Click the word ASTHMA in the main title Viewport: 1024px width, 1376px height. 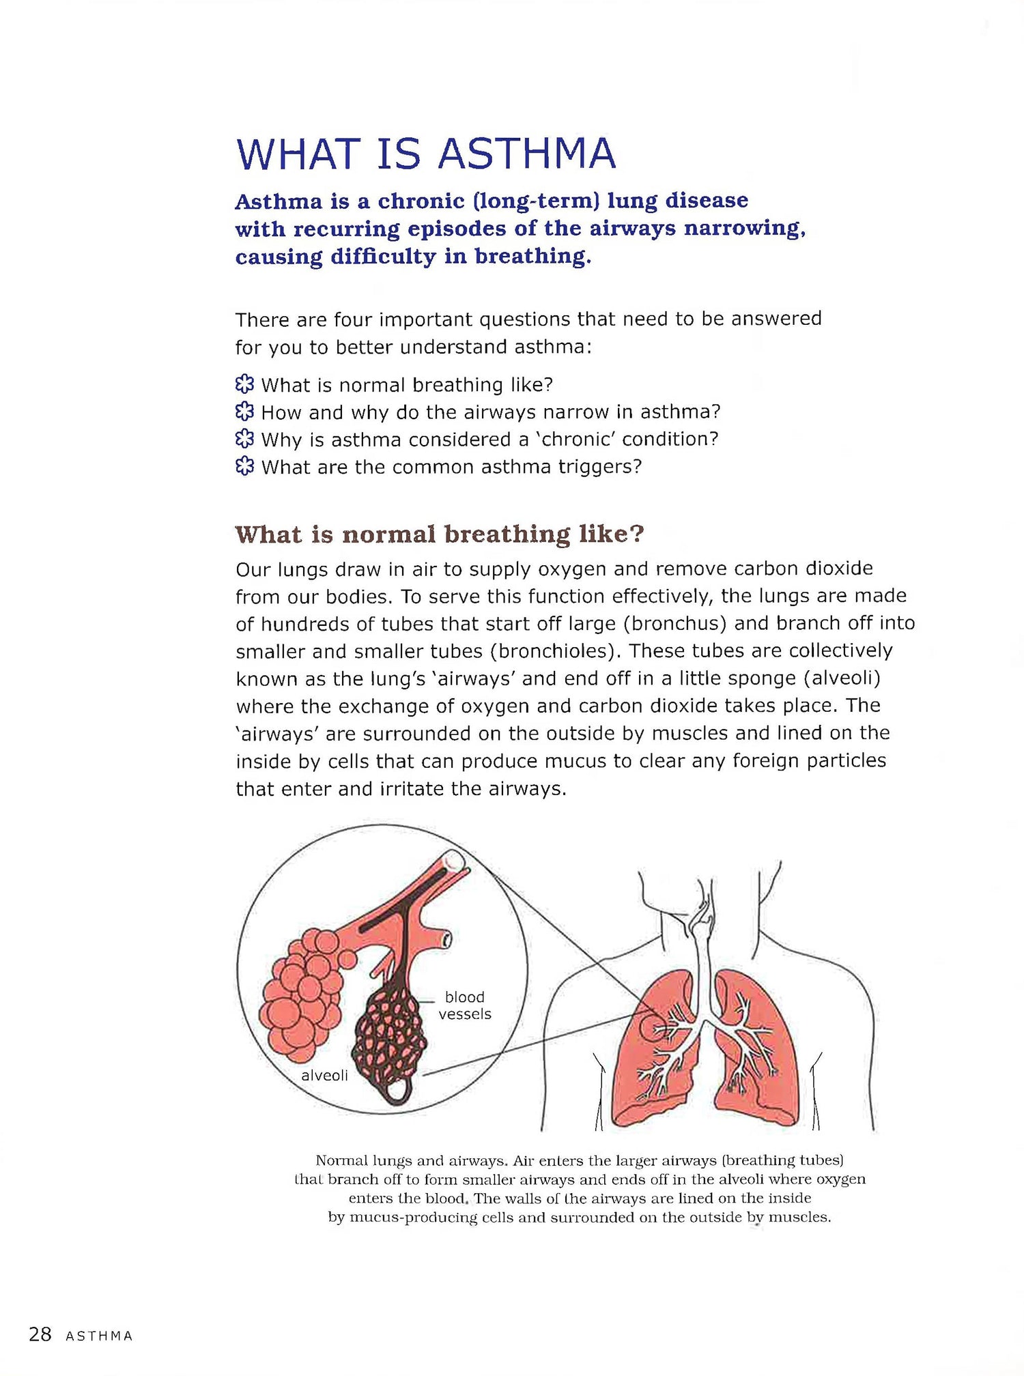(x=527, y=154)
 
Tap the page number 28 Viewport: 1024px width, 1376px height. (x=40, y=1334)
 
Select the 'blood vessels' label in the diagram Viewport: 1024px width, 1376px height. (x=464, y=1005)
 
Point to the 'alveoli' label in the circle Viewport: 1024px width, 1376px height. (x=324, y=1076)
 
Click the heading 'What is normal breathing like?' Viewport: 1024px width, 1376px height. (x=440, y=534)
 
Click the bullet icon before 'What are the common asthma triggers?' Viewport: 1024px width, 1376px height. (x=244, y=467)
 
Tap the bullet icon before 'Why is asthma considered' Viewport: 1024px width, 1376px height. (x=244, y=439)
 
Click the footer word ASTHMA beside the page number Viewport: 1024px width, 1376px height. (x=99, y=1336)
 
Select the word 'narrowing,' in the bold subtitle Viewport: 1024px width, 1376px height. (x=745, y=229)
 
